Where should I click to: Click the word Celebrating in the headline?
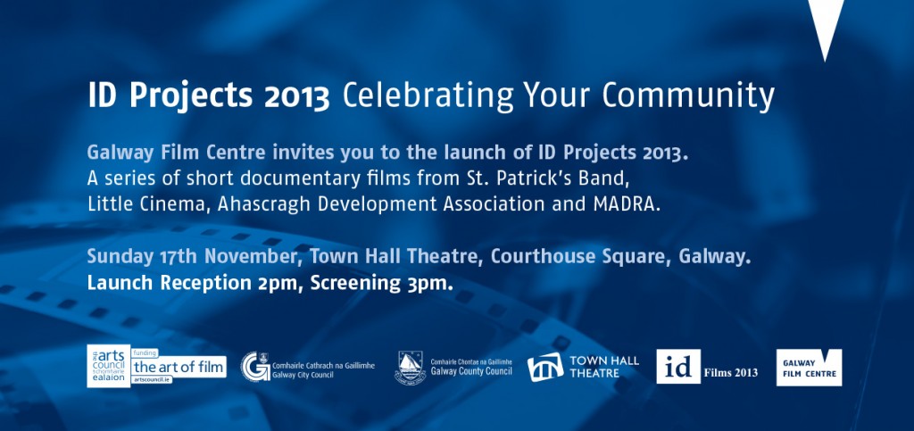coord(428,95)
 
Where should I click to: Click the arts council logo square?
coord(108,366)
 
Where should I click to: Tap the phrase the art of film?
coord(179,367)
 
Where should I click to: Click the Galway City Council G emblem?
coord(255,367)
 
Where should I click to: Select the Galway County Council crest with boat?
coord(410,367)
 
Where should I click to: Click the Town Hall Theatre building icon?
coord(545,367)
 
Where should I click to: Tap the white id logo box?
coord(678,367)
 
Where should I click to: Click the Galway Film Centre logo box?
coord(809,367)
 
